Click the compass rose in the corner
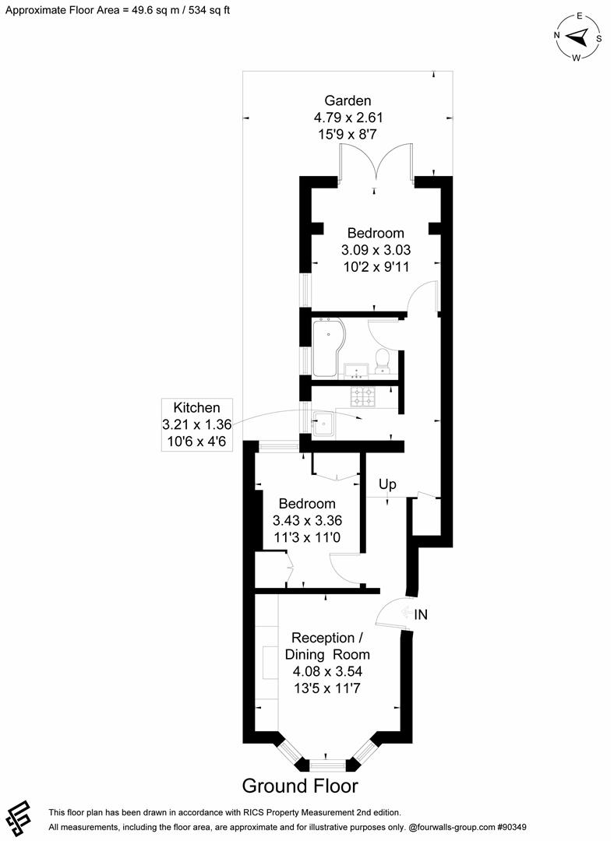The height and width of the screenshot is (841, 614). click(x=578, y=37)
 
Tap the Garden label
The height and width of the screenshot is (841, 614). click(x=348, y=100)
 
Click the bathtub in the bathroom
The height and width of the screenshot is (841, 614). click(x=326, y=347)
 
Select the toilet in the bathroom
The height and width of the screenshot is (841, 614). click(x=383, y=361)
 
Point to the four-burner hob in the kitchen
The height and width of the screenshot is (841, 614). click(x=364, y=397)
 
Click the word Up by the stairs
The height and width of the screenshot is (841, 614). click(x=387, y=484)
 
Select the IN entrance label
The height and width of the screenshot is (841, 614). click(x=420, y=614)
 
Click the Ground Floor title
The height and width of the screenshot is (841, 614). click(x=300, y=785)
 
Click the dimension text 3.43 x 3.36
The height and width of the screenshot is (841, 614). click(x=307, y=520)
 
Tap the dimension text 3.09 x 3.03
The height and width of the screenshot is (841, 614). click(x=376, y=250)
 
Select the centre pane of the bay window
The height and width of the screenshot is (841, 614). click(x=326, y=762)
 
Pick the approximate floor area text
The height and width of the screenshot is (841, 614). click(x=118, y=10)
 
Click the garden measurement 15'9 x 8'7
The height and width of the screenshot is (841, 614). click(x=348, y=134)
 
